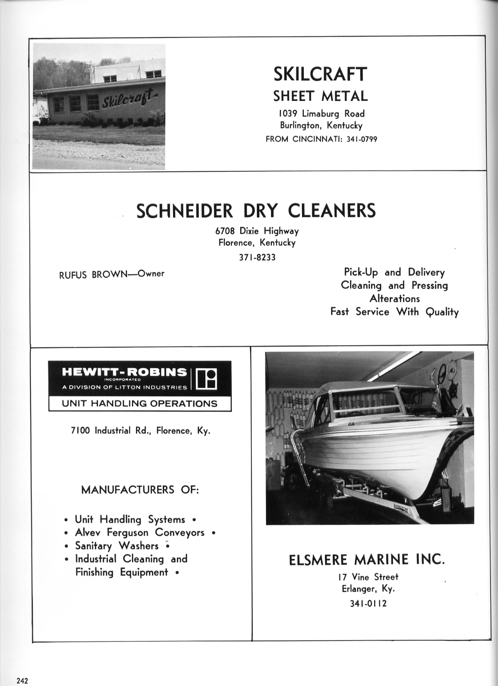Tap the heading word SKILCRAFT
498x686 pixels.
click(x=320, y=74)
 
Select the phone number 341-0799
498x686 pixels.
click(x=362, y=139)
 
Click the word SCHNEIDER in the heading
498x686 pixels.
click(x=184, y=211)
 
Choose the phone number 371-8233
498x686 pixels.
click(x=257, y=257)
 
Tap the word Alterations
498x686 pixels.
click(x=394, y=298)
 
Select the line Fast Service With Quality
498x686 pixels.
click(x=394, y=312)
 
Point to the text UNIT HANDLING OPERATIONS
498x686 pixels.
click(x=140, y=404)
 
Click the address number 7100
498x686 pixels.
click(x=80, y=431)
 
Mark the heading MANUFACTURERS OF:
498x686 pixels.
click(x=140, y=490)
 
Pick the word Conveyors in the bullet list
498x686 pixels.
click(x=180, y=533)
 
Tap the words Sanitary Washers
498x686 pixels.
click(x=117, y=546)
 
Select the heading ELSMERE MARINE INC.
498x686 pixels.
click(x=366, y=560)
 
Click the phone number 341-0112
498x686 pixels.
click(x=369, y=603)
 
